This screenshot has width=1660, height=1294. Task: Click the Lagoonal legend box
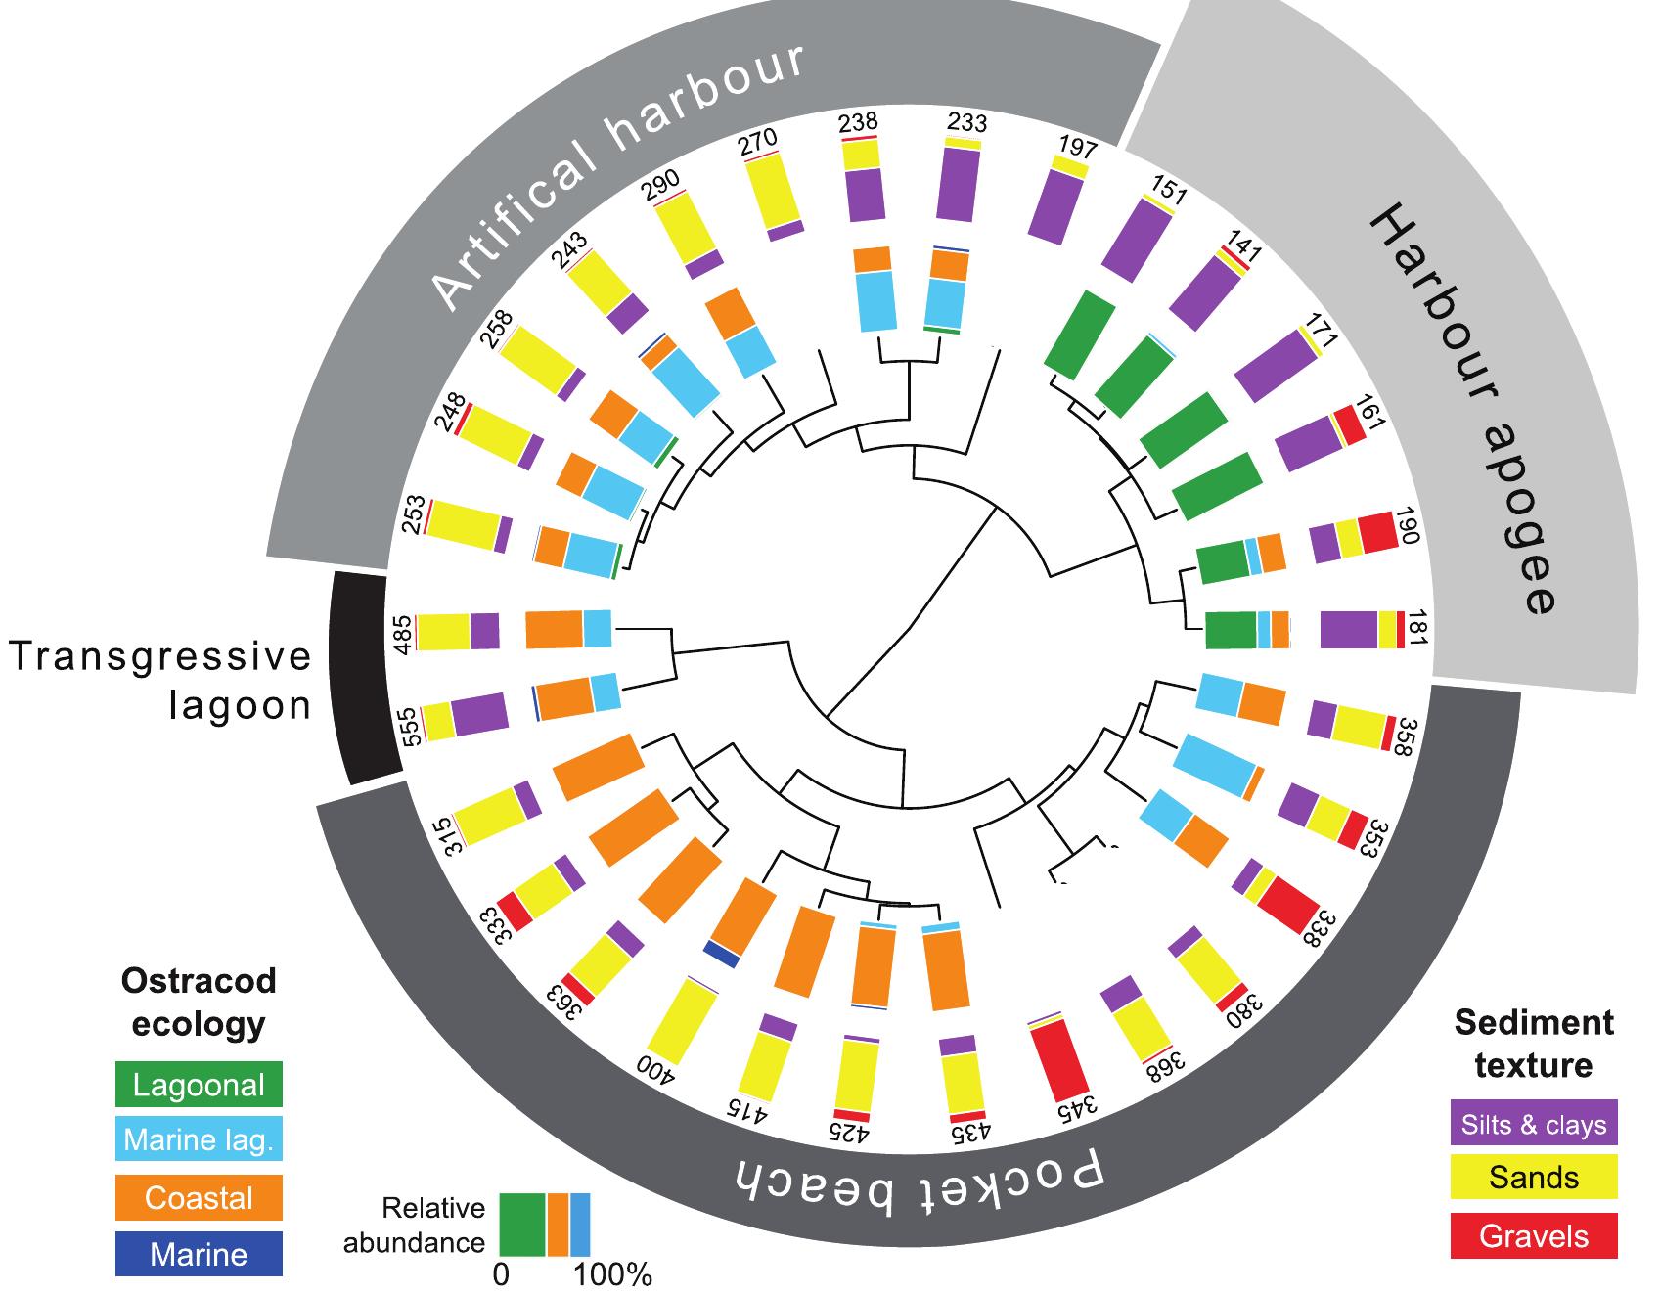coord(199,1085)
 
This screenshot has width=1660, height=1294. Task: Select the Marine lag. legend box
coord(199,1140)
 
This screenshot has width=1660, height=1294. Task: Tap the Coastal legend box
coord(199,1198)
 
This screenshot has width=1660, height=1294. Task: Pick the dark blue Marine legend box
coord(199,1255)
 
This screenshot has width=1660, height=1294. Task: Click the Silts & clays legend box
coord(1534,1125)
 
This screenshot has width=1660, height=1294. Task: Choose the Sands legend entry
coord(1534,1178)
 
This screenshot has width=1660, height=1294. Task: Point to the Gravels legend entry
coord(1534,1236)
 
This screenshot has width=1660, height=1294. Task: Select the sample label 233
coord(967,124)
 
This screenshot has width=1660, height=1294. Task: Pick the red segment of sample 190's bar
coord(1376,531)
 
